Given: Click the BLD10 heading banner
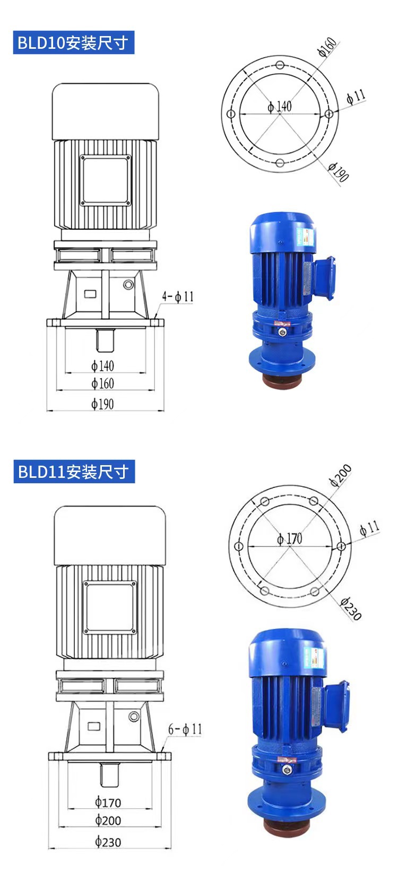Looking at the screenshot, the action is point(74,42).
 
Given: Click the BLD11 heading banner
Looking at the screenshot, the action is point(74,471).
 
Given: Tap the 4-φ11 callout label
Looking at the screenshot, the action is point(178,296).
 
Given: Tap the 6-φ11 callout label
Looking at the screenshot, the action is point(185,729).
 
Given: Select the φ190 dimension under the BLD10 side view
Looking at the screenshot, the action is point(102,404).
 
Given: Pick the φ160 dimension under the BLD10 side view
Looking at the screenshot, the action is point(102,383).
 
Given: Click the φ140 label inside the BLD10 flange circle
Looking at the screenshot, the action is point(280,106).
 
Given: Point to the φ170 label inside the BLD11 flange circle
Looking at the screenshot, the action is point(290,539).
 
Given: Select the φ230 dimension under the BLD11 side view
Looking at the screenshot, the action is point(108,842).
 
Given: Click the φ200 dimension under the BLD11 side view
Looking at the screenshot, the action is point(108,820).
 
